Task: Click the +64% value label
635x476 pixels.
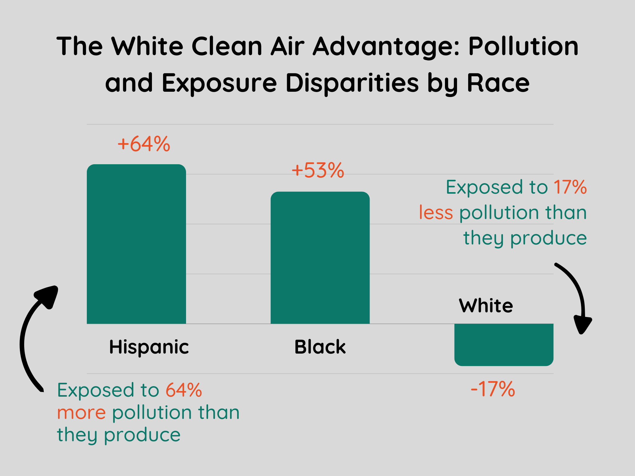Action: tap(144, 144)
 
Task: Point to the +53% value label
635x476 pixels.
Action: tap(318, 170)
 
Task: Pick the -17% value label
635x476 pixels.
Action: tap(493, 389)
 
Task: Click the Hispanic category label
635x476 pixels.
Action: tap(149, 347)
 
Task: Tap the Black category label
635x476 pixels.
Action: tap(320, 347)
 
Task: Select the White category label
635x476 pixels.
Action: tap(486, 306)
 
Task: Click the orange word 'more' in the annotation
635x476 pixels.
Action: tap(82, 413)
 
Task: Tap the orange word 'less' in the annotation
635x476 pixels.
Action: tap(436, 213)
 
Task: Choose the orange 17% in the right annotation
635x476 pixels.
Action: tap(570, 187)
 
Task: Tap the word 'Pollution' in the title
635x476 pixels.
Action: tap(523, 46)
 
